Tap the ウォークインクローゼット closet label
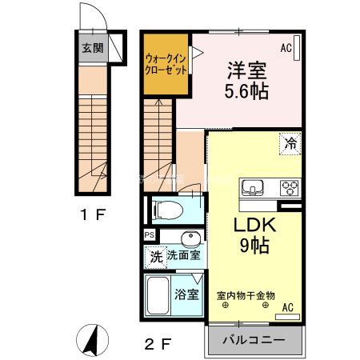click(x=166, y=64)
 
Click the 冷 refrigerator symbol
click(x=291, y=144)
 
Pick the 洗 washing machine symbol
click(x=156, y=257)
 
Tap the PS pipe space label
click(x=150, y=234)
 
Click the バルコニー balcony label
click(x=257, y=340)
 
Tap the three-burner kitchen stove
click(x=289, y=188)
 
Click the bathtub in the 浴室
click(x=157, y=295)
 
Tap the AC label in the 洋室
click(x=286, y=48)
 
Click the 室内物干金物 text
click(x=246, y=295)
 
